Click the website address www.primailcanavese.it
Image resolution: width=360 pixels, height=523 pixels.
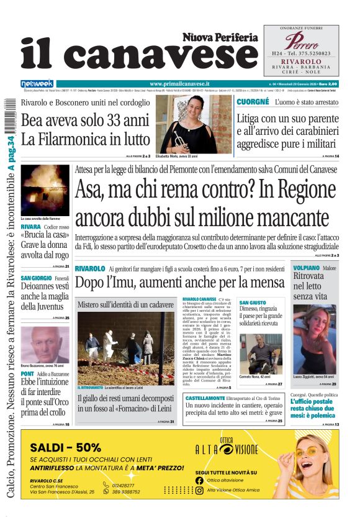179,83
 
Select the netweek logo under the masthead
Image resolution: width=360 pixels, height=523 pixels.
37,83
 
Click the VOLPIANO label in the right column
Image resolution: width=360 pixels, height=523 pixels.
307,268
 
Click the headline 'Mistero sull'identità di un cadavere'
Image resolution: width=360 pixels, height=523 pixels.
125,305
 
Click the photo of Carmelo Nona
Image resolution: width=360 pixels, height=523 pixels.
260,354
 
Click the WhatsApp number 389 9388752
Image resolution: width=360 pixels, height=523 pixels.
125,491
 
